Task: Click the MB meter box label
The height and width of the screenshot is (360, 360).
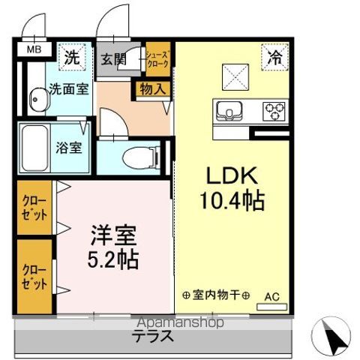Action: (34, 49)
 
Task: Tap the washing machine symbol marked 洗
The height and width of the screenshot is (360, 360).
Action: (72, 57)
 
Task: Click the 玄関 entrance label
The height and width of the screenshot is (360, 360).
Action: (113, 59)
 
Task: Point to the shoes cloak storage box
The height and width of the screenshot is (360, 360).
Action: (158, 59)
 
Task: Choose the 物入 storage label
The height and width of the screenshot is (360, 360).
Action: (153, 89)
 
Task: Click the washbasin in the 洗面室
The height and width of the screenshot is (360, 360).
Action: (40, 100)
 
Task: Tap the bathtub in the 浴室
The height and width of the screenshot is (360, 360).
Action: (35, 148)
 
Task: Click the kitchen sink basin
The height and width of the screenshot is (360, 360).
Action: (229, 111)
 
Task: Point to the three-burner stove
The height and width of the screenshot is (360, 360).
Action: (274, 111)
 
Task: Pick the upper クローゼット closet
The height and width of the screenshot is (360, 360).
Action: (34, 208)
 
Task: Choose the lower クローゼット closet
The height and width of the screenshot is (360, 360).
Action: (34, 277)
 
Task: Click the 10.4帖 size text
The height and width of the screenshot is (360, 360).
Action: (232, 201)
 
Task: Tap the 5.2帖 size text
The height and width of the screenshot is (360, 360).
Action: (113, 259)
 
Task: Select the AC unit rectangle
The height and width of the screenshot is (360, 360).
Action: (272, 307)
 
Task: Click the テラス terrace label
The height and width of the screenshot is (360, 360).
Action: (153, 336)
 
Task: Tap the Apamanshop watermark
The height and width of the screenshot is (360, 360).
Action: (181, 322)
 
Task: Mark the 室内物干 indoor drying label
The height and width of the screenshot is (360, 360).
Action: (216, 295)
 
